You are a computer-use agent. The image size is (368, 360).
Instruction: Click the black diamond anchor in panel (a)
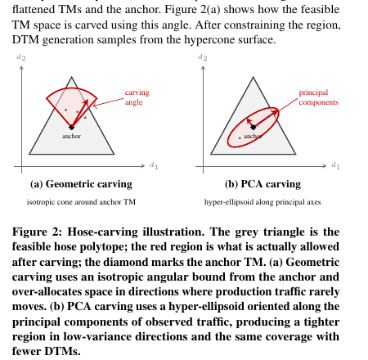coord(71,127)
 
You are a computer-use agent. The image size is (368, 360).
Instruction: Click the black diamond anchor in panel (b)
coord(254,127)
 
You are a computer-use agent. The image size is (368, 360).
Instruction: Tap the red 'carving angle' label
coord(137,97)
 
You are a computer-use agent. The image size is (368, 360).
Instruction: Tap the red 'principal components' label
coord(318,97)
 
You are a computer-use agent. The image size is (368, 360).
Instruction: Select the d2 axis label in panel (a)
coord(21,57)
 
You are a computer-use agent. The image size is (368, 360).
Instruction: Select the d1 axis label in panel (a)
coord(154,165)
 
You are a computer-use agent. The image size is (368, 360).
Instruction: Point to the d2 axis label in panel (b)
coord(203,57)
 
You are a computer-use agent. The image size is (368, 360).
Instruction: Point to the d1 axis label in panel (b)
coord(335,165)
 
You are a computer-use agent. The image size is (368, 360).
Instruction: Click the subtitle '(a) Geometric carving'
coord(81,184)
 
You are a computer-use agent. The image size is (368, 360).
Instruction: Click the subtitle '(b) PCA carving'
coord(263,184)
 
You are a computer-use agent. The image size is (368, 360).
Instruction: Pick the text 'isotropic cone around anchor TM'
coord(81,202)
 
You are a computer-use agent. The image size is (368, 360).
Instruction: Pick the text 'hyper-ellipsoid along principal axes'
coord(263,202)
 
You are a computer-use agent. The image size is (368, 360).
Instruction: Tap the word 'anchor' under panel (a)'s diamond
coord(71,136)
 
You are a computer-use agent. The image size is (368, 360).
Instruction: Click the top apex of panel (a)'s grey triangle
coord(71,77)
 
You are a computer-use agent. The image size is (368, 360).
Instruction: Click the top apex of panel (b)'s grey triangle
coord(253,77)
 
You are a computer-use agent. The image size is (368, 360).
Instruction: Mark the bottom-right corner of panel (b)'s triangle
coord(295,154)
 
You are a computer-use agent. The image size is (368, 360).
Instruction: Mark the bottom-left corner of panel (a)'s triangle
coord(29,154)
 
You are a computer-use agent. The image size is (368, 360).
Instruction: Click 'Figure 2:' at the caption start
coord(37,232)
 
